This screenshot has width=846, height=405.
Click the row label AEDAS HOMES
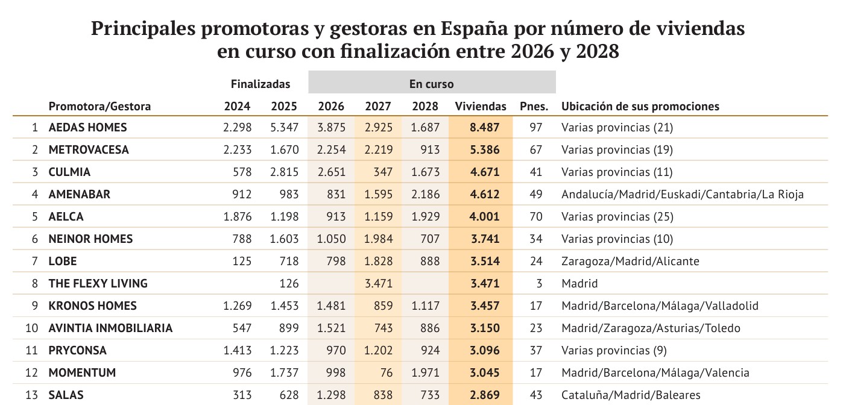87,128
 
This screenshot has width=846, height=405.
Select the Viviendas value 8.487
485,128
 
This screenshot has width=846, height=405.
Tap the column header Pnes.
534,107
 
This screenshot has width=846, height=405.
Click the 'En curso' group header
431,84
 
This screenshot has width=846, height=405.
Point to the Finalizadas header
260,84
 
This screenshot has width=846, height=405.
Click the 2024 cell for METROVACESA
237,150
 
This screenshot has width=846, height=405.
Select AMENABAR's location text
682,195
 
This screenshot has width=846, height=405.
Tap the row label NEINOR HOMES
90,239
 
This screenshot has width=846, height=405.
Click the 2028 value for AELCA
425,217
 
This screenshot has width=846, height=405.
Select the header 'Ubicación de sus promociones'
640,107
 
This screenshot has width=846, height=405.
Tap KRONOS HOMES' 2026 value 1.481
331,306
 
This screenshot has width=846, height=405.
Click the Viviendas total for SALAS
485,395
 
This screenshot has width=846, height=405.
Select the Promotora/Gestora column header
99,107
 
